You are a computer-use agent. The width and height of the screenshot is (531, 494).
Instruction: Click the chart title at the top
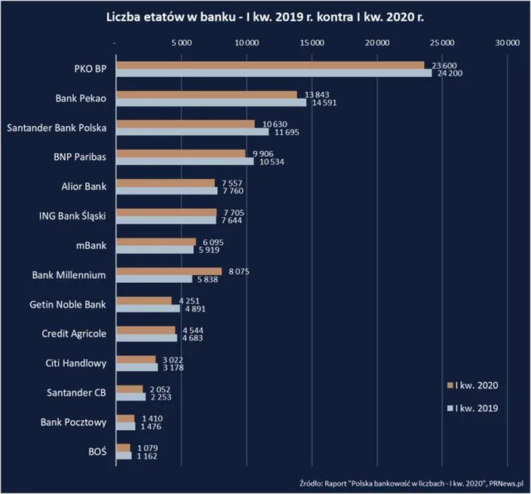coord(265,16)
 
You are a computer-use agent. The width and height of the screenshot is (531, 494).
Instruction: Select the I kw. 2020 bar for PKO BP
coord(269,66)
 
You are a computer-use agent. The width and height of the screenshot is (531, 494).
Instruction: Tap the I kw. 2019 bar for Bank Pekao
coord(210,102)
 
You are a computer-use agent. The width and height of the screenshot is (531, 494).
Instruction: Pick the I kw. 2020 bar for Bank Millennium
coord(168,271)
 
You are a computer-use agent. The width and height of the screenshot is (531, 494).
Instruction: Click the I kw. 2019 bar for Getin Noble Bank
coord(147,308)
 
